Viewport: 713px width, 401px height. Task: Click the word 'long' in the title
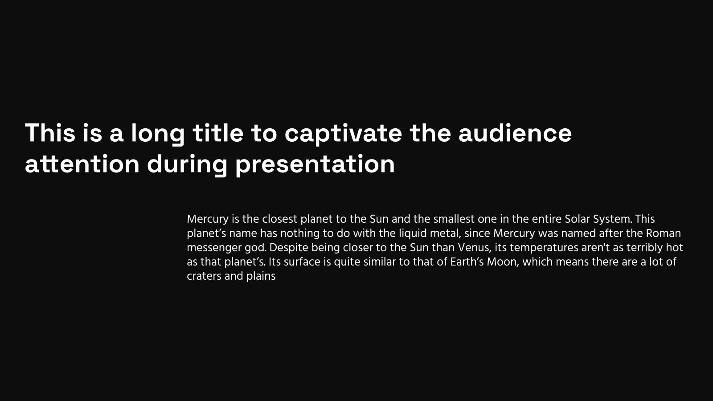(x=158, y=134)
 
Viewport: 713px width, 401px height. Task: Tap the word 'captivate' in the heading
(x=343, y=134)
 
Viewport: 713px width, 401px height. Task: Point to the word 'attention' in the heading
(x=82, y=164)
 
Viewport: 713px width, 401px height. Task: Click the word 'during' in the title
(x=187, y=164)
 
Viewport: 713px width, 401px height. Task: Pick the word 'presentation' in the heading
(x=315, y=165)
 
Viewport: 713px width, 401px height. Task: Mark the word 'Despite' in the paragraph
(x=289, y=248)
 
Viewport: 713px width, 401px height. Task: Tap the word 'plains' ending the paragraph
(x=261, y=277)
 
